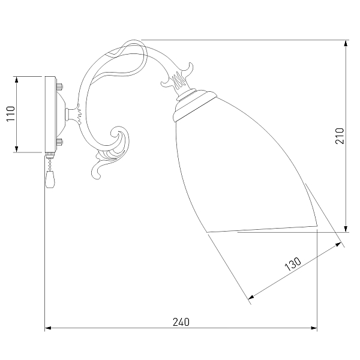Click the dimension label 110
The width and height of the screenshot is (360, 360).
click(x=11, y=113)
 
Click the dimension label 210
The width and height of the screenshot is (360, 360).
click(x=340, y=136)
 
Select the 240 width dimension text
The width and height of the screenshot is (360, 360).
click(x=181, y=322)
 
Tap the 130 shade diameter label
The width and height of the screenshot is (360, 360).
click(x=293, y=264)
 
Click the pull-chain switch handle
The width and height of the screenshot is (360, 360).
click(x=50, y=179)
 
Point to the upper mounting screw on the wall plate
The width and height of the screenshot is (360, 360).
click(x=60, y=87)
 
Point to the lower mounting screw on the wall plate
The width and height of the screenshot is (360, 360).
click(x=60, y=142)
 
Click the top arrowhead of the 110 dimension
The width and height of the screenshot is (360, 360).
click(x=16, y=79)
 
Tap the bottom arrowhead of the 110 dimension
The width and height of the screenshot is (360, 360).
click(x=16, y=149)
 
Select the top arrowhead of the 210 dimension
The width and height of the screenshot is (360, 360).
click(x=346, y=43)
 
